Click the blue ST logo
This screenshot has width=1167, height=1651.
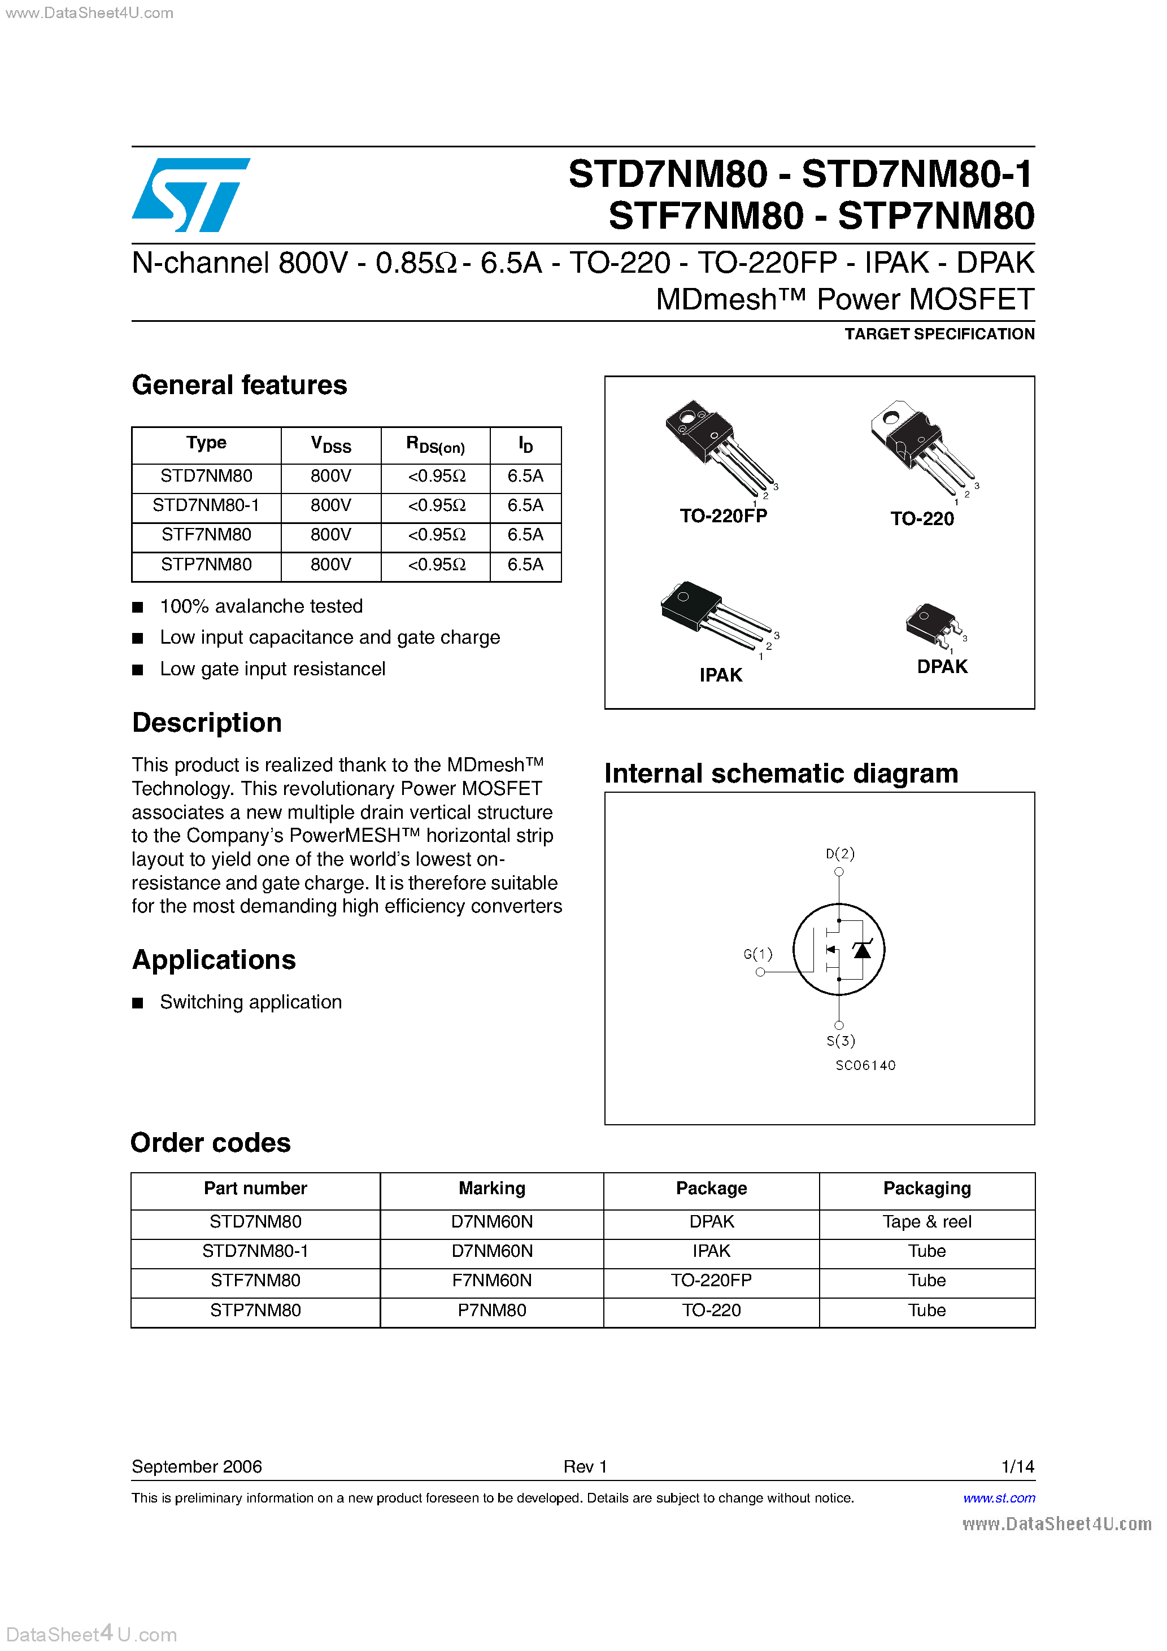click(191, 195)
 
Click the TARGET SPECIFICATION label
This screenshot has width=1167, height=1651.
click(939, 334)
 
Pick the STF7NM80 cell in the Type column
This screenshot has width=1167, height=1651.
click(207, 535)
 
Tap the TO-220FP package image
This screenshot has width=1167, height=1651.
click(720, 446)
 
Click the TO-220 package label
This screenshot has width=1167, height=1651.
click(922, 519)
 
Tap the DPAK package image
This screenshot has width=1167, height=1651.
click(934, 623)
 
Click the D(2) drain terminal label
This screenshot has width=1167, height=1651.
click(839, 854)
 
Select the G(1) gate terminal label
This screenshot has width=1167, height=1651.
click(757, 954)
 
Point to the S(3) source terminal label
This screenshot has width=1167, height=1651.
click(841, 1041)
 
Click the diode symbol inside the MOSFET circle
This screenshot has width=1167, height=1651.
click(861, 951)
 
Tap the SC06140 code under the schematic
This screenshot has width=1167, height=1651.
click(865, 1065)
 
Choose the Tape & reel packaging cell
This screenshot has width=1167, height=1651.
click(927, 1222)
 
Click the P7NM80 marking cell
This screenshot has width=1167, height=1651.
click(492, 1310)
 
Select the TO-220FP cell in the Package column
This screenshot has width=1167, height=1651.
click(711, 1281)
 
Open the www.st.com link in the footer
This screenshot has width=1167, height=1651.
click(999, 1499)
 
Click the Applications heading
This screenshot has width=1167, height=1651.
click(214, 960)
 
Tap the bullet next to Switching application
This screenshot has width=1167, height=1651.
click(137, 1003)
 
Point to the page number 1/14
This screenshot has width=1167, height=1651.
click(1017, 1467)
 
